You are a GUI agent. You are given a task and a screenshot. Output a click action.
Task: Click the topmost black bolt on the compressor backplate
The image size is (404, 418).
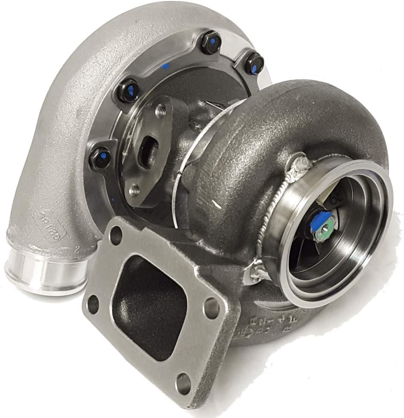pos(211,44)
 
